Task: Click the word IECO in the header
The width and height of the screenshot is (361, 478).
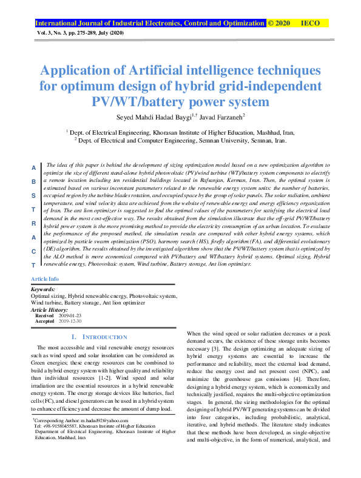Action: coord(311,23)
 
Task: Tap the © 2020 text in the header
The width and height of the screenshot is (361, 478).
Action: coord(279,23)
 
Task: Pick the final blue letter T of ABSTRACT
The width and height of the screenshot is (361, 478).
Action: coord(34,266)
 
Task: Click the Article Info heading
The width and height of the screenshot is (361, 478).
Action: coord(44,278)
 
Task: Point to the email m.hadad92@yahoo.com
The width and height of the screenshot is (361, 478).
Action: coord(97,420)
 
